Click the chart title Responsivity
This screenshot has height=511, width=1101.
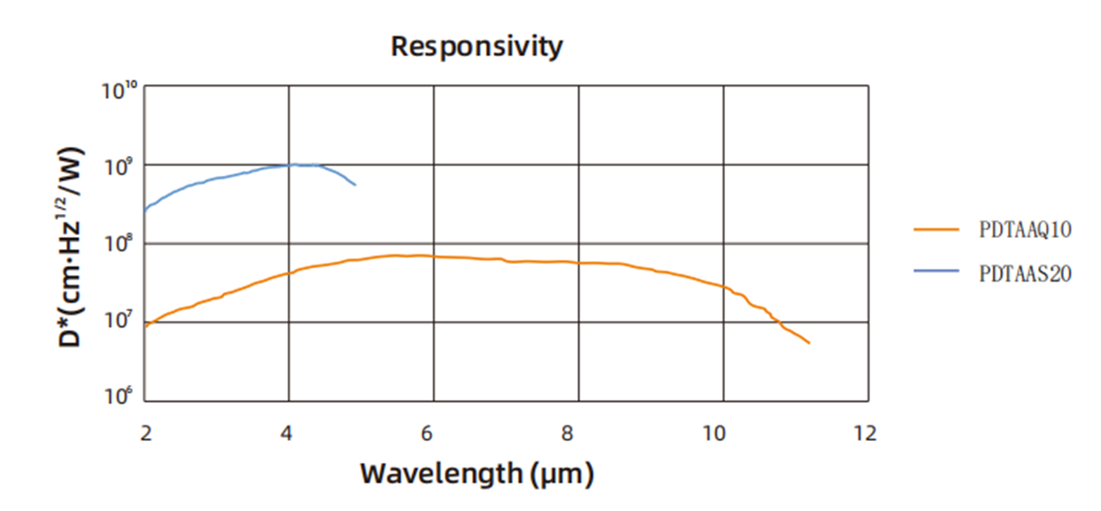[x=476, y=46]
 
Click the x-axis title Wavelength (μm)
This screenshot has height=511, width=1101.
[x=477, y=474]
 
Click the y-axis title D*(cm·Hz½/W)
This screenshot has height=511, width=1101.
[x=71, y=247]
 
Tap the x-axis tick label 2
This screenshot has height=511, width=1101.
[x=146, y=433]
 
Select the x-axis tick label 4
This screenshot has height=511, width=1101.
[x=287, y=433]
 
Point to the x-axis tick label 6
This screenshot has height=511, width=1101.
[x=427, y=433]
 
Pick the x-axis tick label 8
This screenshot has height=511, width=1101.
[x=567, y=433]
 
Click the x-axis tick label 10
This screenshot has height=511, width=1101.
[x=713, y=433]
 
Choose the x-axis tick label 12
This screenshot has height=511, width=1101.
[x=865, y=433]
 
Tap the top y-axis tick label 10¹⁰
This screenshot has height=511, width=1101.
[x=119, y=91]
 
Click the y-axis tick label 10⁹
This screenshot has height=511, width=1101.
[x=119, y=167]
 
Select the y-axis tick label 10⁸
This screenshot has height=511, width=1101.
[x=119, y=244]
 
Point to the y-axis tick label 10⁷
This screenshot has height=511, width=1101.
[x=119, y=319]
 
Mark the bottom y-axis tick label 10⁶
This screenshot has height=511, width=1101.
[x=119, y=396]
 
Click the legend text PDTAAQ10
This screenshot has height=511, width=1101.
[x=1025, y=230]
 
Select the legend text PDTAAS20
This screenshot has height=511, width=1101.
[x=1025, y=274]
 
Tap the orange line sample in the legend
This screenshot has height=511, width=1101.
[x=936, y=229]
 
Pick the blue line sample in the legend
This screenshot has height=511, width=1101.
[x=936, y=271]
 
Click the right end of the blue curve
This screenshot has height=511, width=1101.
[x=355, y=185]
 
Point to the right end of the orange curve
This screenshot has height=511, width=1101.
[x=809, y=343]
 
